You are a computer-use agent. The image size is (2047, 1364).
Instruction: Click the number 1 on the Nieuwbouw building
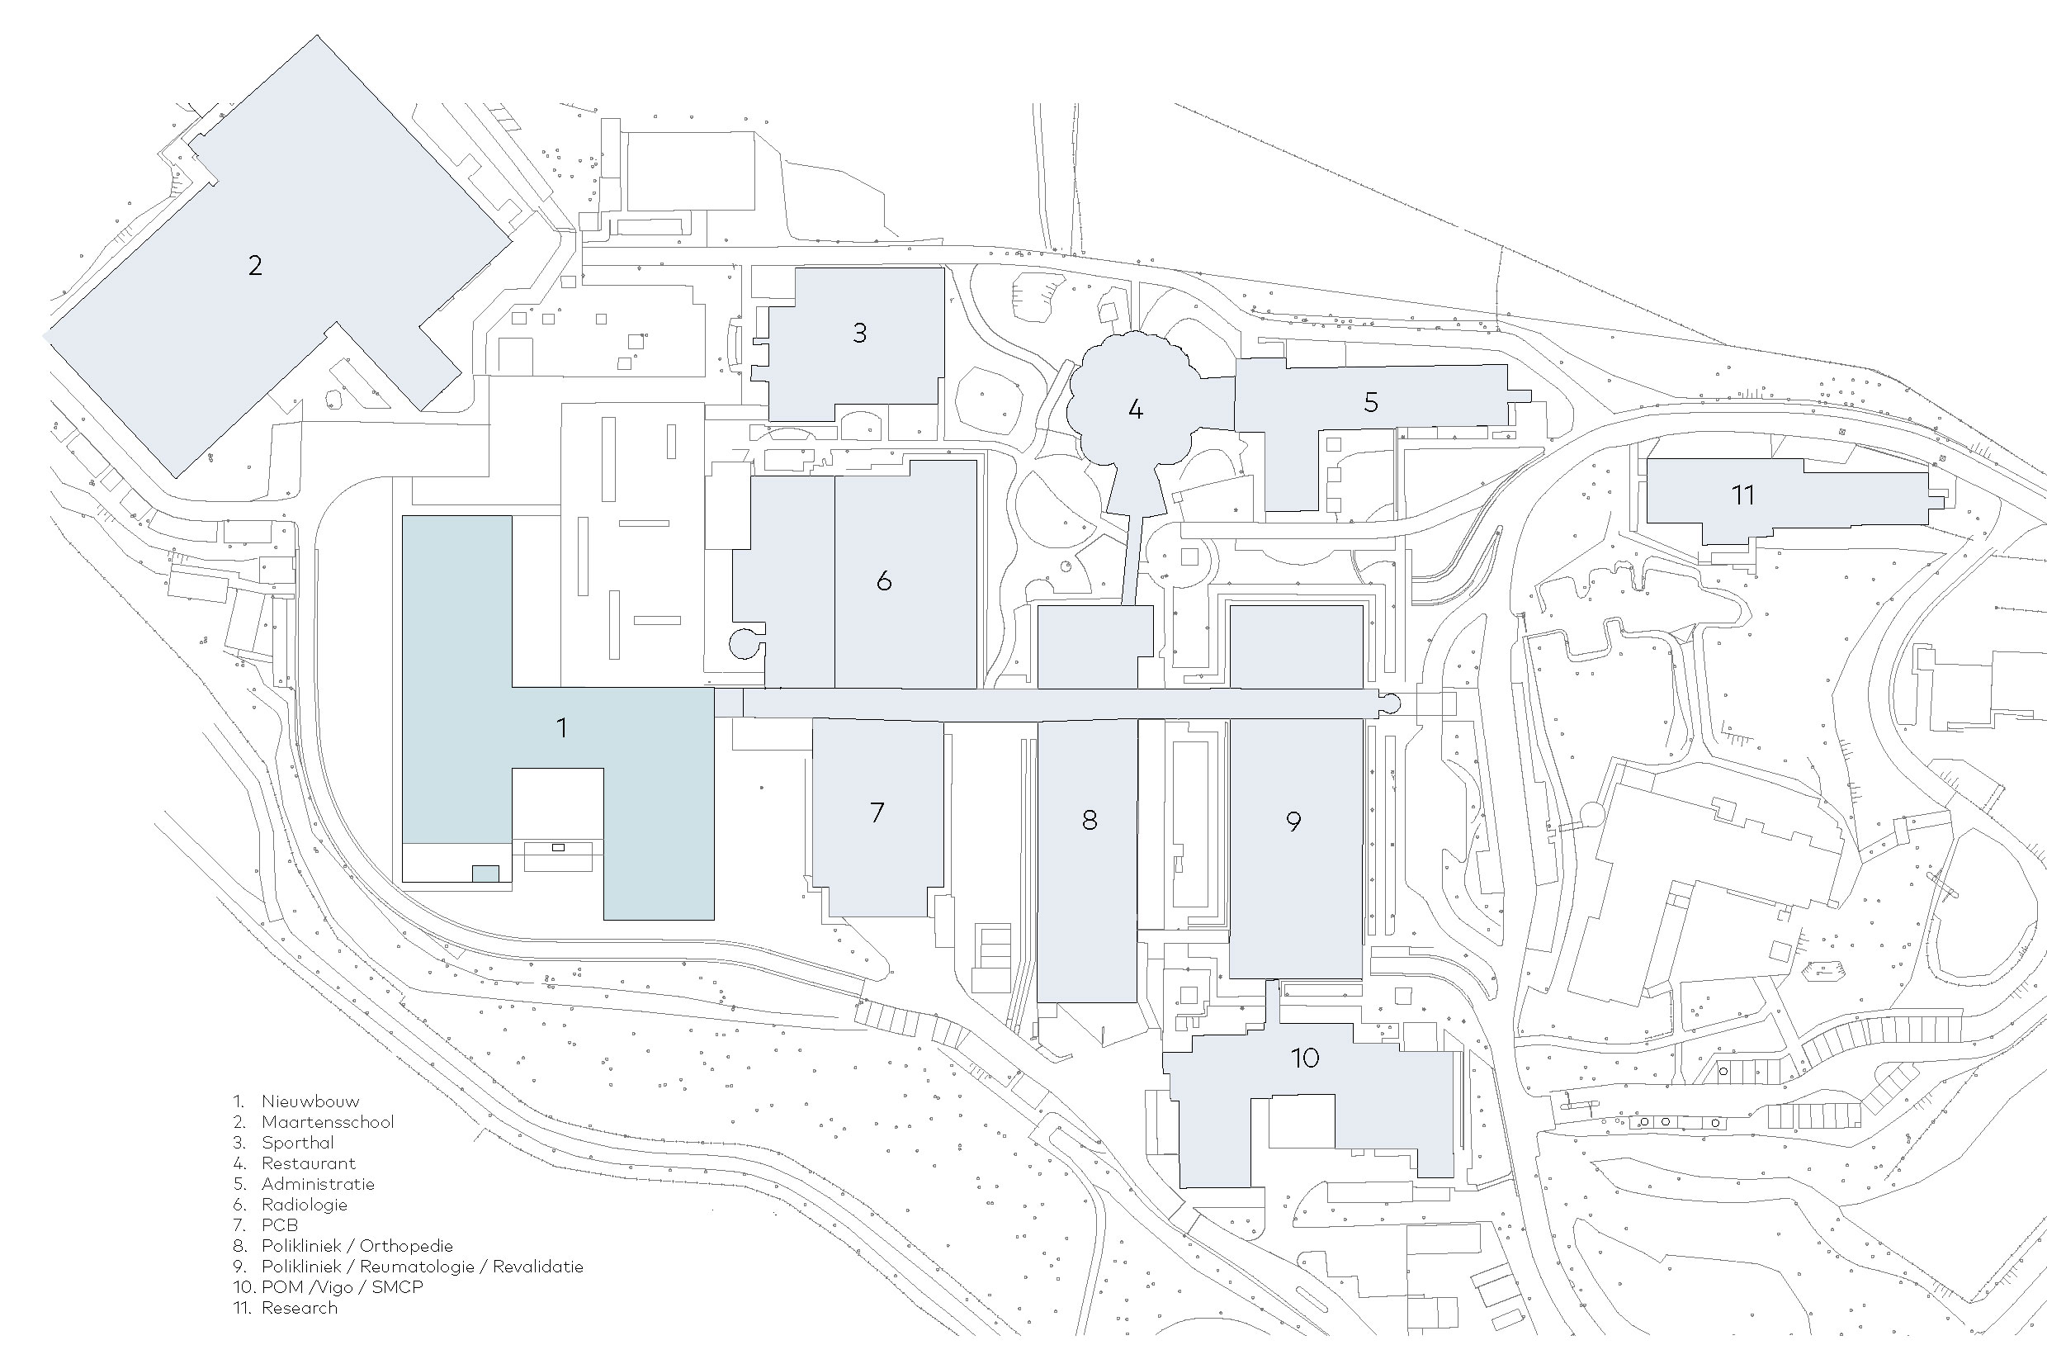click(562, 727)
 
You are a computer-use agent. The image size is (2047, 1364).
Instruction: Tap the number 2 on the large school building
click(255, 265)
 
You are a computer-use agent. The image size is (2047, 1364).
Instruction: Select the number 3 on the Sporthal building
click(859, 334)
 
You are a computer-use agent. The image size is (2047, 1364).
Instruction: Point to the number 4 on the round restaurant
click(1135, 409)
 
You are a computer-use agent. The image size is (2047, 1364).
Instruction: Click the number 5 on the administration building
click(1370, 403)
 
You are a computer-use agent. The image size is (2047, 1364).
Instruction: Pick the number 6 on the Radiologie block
click(883, 580)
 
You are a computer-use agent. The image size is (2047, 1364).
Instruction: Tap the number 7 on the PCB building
click(877, 812)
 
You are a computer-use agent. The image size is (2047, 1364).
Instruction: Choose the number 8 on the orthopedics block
click(1089, 819)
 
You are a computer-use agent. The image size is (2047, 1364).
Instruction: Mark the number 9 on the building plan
click(1293, 822)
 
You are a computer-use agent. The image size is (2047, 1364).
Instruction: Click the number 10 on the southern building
click(1304, 1058)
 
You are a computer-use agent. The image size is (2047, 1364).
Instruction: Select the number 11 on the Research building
click(1742, 495)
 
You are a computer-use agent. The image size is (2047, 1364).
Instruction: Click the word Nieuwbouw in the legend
click(310, 1101)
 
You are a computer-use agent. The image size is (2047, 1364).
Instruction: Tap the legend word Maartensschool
click(328, 1122)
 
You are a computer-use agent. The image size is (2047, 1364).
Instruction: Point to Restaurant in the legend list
click(309, 1163)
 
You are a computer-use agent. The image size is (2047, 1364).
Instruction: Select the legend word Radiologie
click(305, 1205)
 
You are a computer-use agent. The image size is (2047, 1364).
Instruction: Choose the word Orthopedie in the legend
click(406, 1246)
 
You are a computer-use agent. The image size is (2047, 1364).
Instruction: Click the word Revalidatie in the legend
click(537, 1267)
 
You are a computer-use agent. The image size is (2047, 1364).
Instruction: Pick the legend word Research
click(299, 1308)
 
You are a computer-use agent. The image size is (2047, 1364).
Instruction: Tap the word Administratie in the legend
click(319, 1184)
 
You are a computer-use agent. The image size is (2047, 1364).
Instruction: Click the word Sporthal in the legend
click(297, 1143)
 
